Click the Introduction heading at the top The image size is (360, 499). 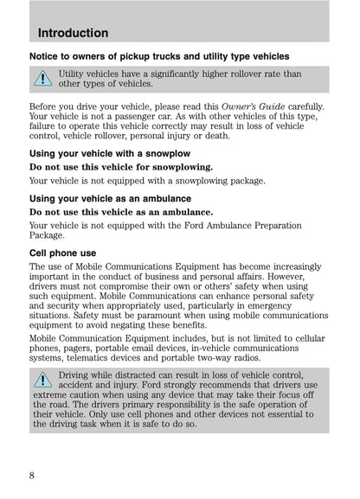pos(74,34)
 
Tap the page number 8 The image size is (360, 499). pos(33,475)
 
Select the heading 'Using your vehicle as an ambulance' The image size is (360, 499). pos(110,198)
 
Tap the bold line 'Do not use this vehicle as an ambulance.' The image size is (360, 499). pos(109,212)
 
